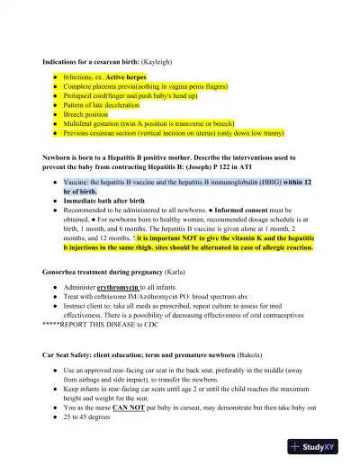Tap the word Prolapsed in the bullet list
(x=79, y=95)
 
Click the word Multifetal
(x=79, y=122)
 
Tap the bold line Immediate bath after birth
(x=105, y=200)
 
